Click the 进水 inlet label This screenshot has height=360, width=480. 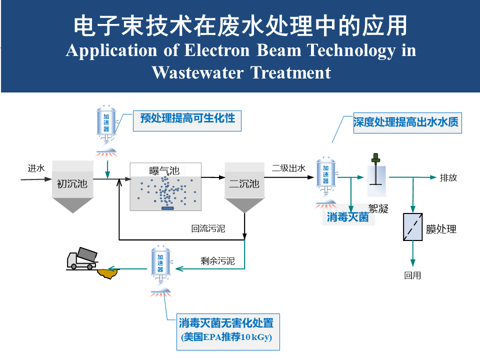(36, 168)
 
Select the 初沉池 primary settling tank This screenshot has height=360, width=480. (72, 184)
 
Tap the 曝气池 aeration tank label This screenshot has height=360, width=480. (164, 170)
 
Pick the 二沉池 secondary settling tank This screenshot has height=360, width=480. (244, 184)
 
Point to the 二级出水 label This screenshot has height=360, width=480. (288, 168)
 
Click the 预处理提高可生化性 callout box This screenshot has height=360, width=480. (187, 118)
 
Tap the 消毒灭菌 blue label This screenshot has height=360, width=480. (347, 217)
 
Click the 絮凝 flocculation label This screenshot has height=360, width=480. (378, 208)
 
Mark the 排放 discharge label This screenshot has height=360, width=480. (448, 177)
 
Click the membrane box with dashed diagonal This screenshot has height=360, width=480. (413, 228)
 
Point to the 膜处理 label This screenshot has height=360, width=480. (441, 229)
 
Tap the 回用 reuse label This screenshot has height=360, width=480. (412, 275)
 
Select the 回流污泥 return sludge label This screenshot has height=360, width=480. (208, 229)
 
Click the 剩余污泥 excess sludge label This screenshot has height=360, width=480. (217, 260)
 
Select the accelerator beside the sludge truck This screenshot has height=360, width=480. (161, 267)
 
